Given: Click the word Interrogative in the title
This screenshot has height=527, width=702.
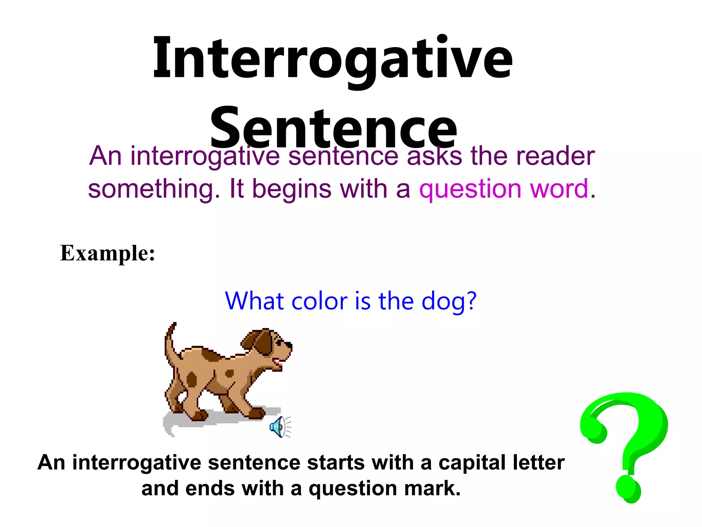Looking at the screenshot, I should click(332, 58).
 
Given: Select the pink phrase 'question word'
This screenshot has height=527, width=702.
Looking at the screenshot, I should click(504, 189).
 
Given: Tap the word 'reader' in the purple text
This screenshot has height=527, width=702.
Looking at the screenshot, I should click(555, 156).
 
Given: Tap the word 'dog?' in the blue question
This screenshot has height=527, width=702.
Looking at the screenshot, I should click(449, 302).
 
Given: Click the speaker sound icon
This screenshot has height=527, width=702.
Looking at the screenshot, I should click(279, 427).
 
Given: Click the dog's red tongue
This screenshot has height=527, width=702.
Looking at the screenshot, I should click(278, 363).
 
